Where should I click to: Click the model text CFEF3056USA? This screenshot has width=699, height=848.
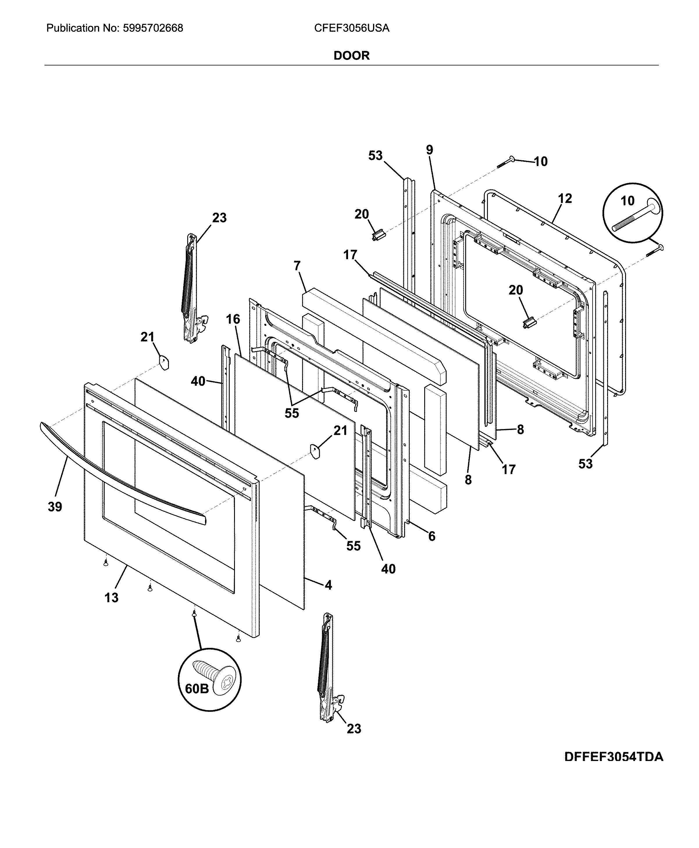pyautogui.click(x=352, y=28)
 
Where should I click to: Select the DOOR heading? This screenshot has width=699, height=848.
pyautogui.click(x=351, y=56)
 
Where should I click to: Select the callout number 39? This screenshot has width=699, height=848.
pyautogui.click(x=55, y=507)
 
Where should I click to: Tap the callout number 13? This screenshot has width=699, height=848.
pyautogui.click(x=112, y=598)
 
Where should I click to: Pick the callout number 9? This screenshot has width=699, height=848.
pyautogui.click(x=430, y=150)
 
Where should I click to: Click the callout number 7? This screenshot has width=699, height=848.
pyautogui.click(x=297, y=266)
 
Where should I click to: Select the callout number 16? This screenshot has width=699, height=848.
pyautogui.click(x=233, y=319)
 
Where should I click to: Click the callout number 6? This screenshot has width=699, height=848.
pyautogui.click(x=431, y=536)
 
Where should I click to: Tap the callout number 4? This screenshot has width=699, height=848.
pyautogui.click(x=329, y=585)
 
